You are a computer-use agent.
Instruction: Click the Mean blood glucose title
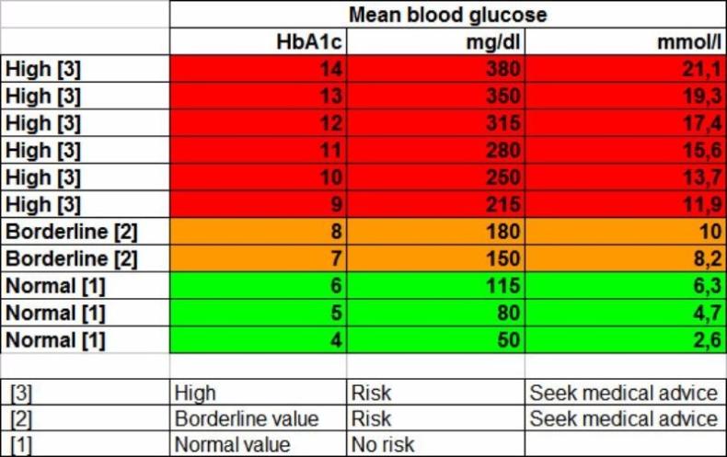[447, 15]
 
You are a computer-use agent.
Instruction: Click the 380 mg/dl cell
[504, 70]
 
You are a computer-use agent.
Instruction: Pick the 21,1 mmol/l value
[699, 70]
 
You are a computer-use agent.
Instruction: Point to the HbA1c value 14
[330, 70]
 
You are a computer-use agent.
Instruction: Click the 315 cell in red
[504, 123]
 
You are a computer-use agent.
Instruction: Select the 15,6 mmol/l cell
[699, 150]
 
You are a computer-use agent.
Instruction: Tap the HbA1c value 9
[336, 204]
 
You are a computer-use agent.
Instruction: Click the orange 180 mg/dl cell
[504, 231]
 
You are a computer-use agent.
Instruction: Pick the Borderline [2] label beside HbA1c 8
[72, 231]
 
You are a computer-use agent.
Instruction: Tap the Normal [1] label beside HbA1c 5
[56, 313]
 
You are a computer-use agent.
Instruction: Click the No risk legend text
[383, 445]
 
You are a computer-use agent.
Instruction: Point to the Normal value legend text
[233, 445]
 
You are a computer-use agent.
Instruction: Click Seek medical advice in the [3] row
[623, 394]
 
